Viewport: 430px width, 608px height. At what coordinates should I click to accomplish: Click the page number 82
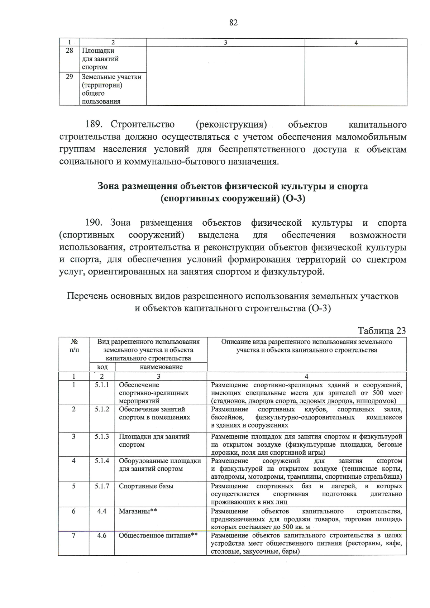(233, 23)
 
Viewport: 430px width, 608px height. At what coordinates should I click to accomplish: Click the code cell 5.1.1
(102, 385)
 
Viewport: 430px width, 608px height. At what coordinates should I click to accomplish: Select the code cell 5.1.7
(102, 486)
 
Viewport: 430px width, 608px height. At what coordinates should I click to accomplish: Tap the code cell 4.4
(102, 511)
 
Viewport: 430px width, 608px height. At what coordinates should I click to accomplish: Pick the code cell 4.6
(102, 535)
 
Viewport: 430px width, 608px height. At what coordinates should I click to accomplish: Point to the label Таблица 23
(382, 330)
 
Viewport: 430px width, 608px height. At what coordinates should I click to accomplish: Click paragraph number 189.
(94, 125)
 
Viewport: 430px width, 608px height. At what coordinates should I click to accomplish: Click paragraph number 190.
(94, 223)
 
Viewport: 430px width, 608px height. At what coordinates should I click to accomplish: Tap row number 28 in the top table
(70, 51)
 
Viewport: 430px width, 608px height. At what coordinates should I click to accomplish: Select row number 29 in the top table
(70, 77)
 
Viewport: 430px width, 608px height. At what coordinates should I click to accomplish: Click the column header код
(102, 367)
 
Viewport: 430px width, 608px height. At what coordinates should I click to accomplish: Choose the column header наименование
(161, 367)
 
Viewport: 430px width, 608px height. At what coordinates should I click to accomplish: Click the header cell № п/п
(74, 346)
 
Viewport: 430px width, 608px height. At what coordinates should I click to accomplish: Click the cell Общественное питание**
(158, 535)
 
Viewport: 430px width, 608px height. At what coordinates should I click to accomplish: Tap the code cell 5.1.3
(102, 436)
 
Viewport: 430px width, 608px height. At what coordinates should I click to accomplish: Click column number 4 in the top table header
(356, 43)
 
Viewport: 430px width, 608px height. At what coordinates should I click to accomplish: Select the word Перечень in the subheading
(87, 296)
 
